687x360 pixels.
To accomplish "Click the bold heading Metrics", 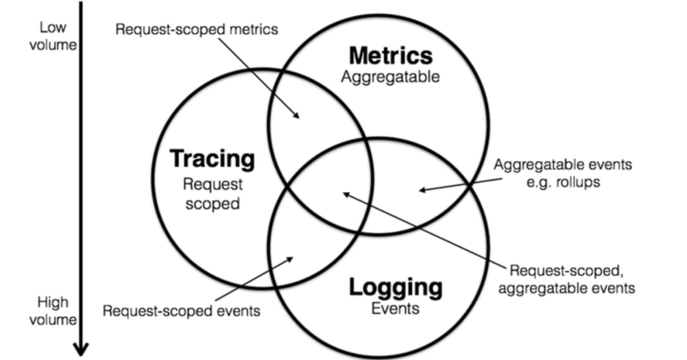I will click(391, 56).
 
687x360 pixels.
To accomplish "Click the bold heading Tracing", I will click(212, 159).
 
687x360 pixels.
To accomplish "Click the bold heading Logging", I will click(395, 287).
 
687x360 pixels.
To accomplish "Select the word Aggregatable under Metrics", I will click(390, 78).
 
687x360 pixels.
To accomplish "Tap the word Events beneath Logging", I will click(395, 309).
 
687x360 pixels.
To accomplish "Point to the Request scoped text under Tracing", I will click(212, 195).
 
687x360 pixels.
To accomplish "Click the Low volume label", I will click(53, 36).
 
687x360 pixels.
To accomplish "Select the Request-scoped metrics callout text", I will click(197, 30).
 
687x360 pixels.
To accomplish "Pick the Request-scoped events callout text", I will click(182, 311).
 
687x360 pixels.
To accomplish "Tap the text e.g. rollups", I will click(563, 181).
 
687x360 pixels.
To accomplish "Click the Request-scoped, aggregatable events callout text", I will click(566, 279).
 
